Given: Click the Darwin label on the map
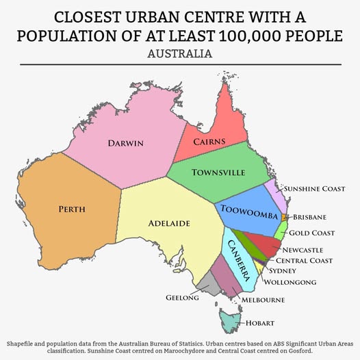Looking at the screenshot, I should click(125, 143).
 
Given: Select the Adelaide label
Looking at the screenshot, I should click(169, 223).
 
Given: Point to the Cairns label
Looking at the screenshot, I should click(209, 142).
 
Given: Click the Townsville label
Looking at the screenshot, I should click(218, 172).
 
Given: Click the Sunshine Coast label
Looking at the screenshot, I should click(314, 188).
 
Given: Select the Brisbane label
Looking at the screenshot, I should click(309, 218).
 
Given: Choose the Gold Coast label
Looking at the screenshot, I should click(311, 233).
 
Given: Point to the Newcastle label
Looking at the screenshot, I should click(302, 250).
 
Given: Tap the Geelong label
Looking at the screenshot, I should click(182, 298).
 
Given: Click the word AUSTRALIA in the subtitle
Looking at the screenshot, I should click(180, 53).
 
